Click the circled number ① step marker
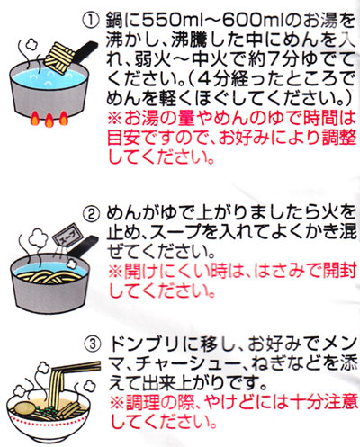click(x=90, y=20)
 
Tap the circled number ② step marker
click(x=91, y=213)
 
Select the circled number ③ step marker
click(x=93, y=344)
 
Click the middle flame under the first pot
click(x=49, y=121)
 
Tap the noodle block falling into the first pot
click(x=60, y=58)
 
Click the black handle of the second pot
click(x=83, y=245)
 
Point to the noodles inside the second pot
click(x=48, y=276)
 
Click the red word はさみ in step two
click(x=280, y=271)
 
